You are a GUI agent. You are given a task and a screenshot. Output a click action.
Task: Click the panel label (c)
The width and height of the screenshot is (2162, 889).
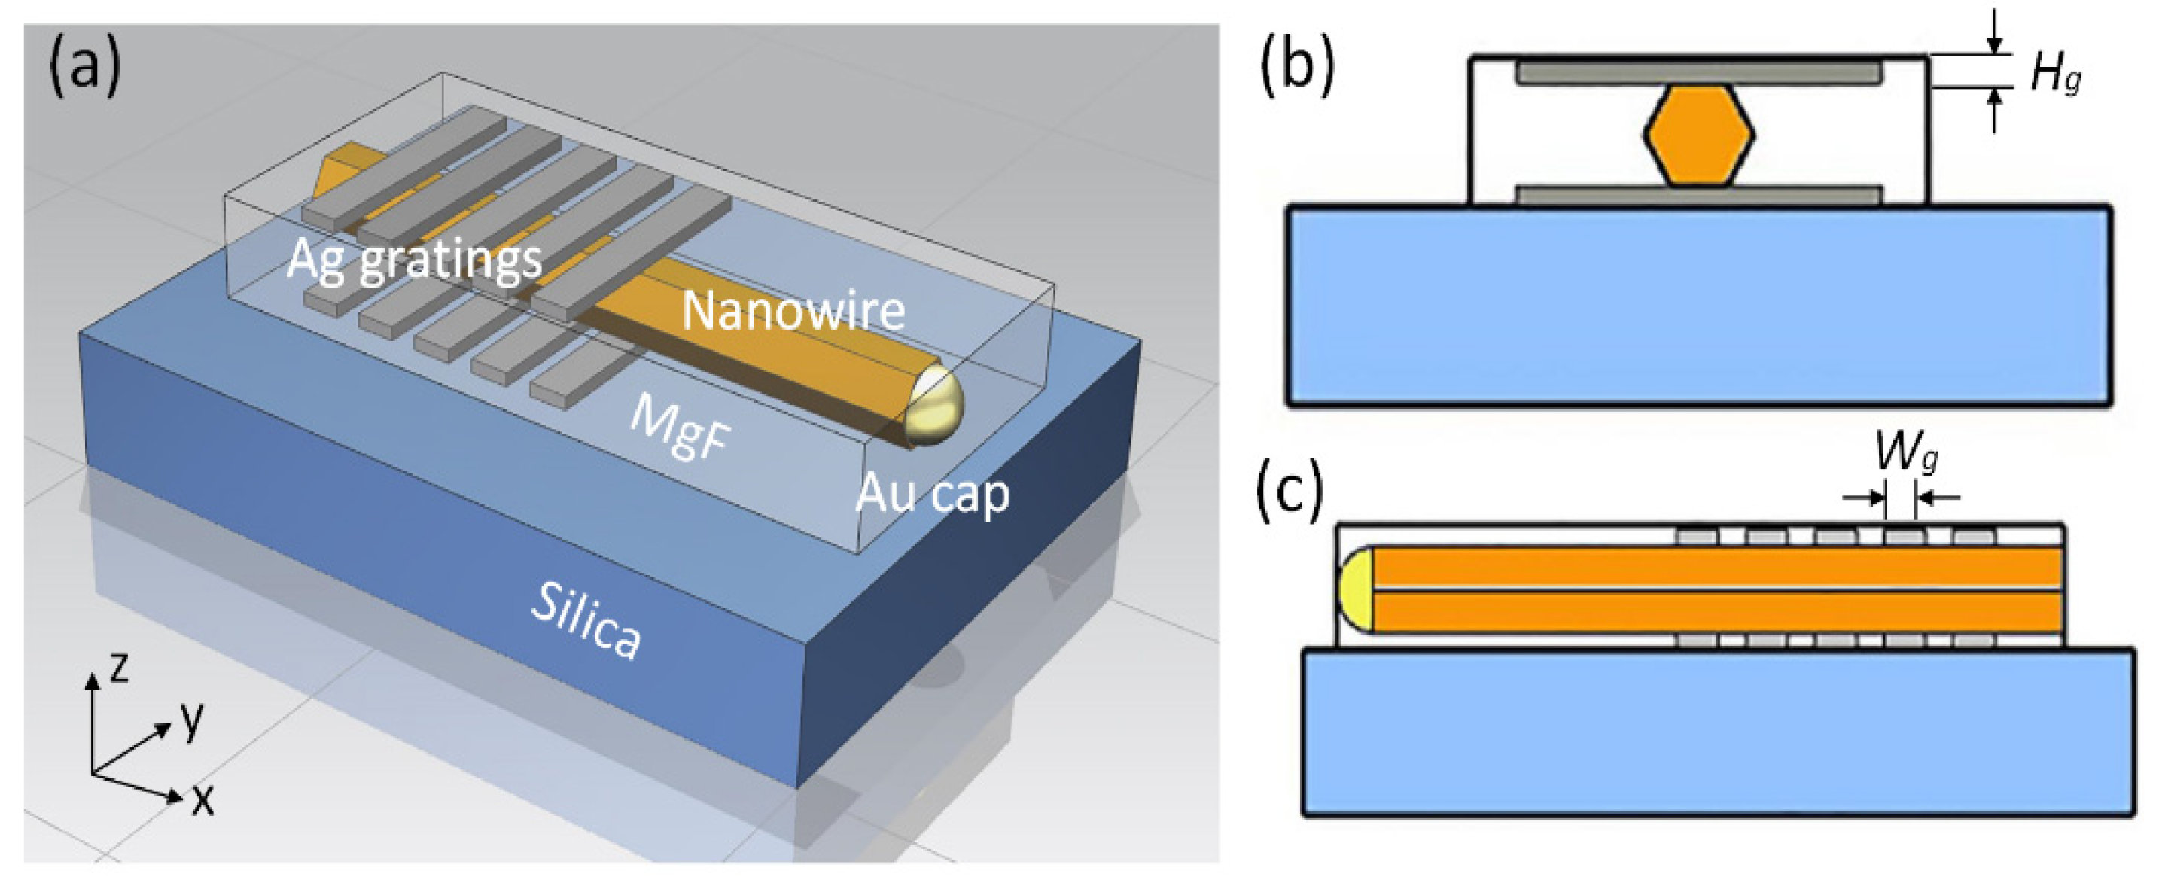[x=1289, y=490]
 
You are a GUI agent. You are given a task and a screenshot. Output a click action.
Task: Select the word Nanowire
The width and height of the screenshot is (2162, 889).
[x=793, y=311]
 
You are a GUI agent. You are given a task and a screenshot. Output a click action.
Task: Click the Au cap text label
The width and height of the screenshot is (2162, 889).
[x=932, y=493]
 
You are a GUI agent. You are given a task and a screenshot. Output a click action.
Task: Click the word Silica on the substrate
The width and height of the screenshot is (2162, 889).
[x=586, y=620]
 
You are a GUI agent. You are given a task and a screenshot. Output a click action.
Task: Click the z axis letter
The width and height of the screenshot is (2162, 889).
[x=120, y=668]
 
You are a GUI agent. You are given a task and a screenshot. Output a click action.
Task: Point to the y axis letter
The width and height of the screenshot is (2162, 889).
[x=192, y=720]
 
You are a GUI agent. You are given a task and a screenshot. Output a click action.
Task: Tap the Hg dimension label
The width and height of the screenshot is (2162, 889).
[x=2054, y=74]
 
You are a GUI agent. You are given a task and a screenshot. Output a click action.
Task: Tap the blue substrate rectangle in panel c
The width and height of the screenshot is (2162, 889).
[x=1717, y=731]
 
